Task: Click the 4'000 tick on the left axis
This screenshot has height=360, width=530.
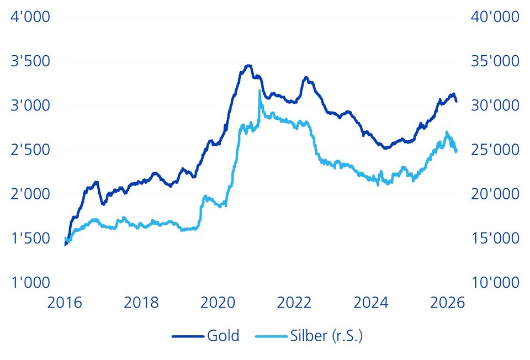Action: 30,17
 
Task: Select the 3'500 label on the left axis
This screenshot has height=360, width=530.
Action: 30,61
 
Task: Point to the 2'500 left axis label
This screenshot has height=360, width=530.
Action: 30,150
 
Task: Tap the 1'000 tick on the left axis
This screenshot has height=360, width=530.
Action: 30,283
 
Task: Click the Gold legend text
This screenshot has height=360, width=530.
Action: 223,336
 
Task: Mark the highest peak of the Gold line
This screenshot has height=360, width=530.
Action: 248,66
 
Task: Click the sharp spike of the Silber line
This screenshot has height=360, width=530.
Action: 259,91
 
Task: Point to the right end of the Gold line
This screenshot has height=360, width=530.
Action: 456,101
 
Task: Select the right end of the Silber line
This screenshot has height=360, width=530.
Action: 457,151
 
